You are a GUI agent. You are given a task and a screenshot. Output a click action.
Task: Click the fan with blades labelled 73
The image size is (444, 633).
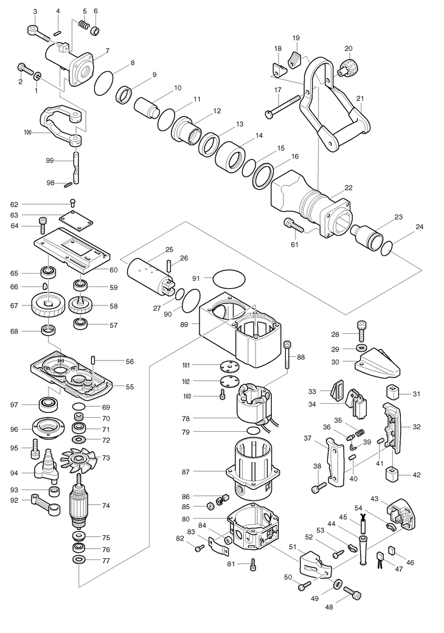(x=80, y=460)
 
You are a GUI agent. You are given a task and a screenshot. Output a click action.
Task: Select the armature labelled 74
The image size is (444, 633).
(x=80, y=504)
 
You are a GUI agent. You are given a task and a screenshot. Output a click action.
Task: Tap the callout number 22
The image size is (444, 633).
(x=349, y=188)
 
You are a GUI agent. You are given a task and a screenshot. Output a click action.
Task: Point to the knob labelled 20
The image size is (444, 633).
(x=346, y=67)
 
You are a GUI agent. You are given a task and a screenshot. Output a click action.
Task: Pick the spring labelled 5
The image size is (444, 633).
(x=83, y=25)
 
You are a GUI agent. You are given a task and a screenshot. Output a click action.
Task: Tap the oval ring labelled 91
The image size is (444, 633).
(x=229, y=278)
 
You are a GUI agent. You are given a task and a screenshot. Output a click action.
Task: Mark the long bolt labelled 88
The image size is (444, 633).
(x=288, y=354)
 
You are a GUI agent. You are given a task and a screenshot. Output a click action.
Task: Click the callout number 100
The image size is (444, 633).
(x=27, y=132)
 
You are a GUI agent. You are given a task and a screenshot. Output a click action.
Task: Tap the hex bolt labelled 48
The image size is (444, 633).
(x=352, y=593)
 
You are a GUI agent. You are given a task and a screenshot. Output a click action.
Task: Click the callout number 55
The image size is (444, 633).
(x=129, y=387)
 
